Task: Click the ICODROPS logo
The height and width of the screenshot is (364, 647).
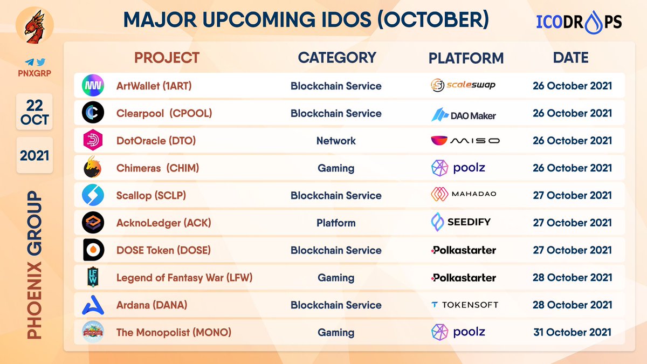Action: click(x=579, y=21)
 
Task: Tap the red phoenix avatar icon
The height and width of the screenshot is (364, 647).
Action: click(x=35, y=26)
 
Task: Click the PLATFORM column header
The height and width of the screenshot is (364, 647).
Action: click(x=466, y=58)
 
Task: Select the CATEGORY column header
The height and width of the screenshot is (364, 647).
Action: click(x=337, y=58)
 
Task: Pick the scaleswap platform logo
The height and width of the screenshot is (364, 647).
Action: click(x=463, y=85)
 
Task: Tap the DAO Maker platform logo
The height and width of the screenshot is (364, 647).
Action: click(x=464, y=114)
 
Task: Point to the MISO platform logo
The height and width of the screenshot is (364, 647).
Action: click(x=465, y=141)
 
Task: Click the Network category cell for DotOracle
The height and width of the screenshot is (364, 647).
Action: click(x=336, y=141)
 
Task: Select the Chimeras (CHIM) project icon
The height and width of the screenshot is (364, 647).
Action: click(x=92, y=168)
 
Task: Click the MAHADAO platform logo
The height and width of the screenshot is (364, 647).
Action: click(x=464, y=194)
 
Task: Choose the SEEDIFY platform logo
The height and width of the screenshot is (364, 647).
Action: click(x=461, y=222)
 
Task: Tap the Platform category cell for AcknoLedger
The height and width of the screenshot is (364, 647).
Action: click(x=336, y=223)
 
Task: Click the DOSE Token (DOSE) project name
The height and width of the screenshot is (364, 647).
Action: click(x=163, y=250)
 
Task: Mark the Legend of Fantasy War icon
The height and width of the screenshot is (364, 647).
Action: click(x=92, y=278)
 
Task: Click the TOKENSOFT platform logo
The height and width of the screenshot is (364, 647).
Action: click(x=464, y=305)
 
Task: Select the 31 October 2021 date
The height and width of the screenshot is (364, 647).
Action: click(x=573, y=332)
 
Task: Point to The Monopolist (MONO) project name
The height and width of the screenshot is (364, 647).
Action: click(x=174, y=332)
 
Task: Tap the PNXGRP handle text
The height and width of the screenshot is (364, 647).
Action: click(x=35, y=72)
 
